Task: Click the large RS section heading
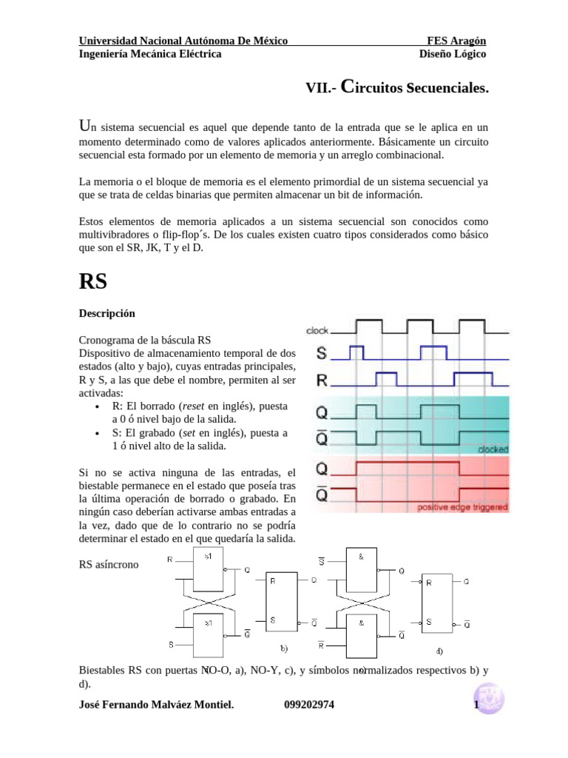93,282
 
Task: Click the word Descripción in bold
107,313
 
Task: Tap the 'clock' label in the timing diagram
317,330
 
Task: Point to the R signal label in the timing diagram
322,381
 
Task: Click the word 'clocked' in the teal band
493,449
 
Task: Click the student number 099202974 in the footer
309,705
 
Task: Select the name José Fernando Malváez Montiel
156,705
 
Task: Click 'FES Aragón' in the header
456,40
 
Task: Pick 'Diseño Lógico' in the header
453,53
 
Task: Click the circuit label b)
283,648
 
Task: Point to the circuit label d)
439,652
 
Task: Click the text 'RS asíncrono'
109,565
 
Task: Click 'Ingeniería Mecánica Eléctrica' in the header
150,53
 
